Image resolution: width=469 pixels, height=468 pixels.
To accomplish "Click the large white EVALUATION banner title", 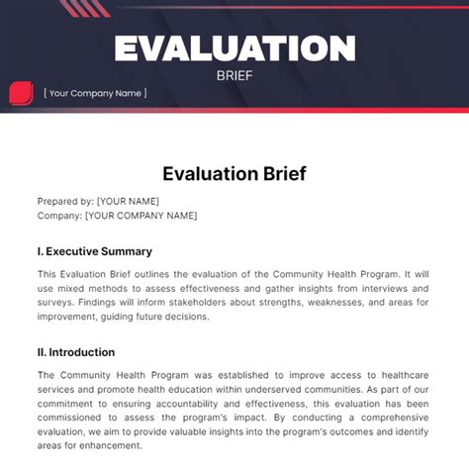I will pos(234,47).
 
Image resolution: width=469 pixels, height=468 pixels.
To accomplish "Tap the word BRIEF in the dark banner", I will pos(234,73).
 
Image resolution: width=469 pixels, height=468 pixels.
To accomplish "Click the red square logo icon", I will pos(21,94).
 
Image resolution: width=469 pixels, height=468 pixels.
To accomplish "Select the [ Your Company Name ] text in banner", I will pos(95,93).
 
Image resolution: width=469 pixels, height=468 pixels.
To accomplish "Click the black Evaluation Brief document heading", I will pos(234,174).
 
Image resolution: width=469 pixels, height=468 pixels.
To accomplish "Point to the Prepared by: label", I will pos(65,200).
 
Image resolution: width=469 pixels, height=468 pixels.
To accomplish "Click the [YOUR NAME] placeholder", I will pos(130,200).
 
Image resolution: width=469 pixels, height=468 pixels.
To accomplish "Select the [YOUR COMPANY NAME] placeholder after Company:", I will pos(141,215).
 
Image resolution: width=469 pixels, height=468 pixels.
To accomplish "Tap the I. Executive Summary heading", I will pos(95,251).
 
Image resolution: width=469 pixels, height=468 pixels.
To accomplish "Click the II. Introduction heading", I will pos(76,352).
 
